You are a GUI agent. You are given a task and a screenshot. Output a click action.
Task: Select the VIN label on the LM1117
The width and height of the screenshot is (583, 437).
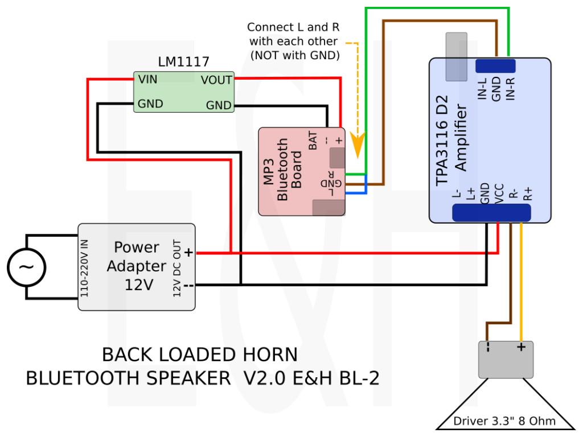pos(148,80)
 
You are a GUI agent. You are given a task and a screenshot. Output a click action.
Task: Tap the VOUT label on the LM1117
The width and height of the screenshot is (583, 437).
pos(216,80)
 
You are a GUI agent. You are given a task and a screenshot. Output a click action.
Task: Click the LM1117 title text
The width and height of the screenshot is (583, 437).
pos(183,61)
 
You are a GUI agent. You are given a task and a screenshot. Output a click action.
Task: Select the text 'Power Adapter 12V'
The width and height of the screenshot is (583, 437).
pos(137,266)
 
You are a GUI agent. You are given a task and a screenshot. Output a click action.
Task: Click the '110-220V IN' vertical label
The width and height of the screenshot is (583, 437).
pos(85,266)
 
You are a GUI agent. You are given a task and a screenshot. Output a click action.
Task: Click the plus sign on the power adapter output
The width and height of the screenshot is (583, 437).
pos(188,253)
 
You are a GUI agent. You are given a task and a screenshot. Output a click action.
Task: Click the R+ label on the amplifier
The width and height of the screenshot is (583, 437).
pos(527,195)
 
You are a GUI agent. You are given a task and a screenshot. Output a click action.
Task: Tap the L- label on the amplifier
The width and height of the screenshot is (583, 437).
pos(456,195)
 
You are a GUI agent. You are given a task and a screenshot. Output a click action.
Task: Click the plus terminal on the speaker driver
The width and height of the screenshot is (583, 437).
pos(520,347)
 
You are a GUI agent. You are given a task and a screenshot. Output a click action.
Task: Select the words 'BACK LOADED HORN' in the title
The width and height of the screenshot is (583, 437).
pos(199,355)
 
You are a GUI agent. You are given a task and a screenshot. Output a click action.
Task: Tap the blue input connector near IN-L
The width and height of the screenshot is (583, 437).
pos(495,66)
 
